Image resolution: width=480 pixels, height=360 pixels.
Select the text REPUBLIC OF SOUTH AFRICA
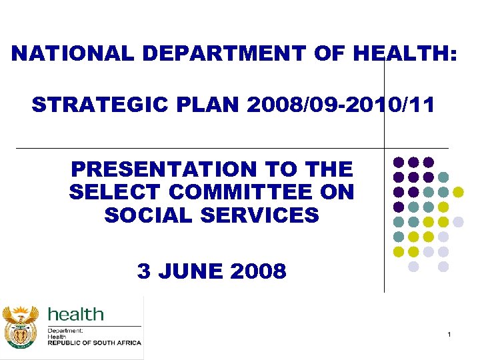click(94, 343)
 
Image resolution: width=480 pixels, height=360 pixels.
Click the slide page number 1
click(449, 333)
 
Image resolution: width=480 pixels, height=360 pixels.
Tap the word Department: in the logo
click(65, 331)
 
